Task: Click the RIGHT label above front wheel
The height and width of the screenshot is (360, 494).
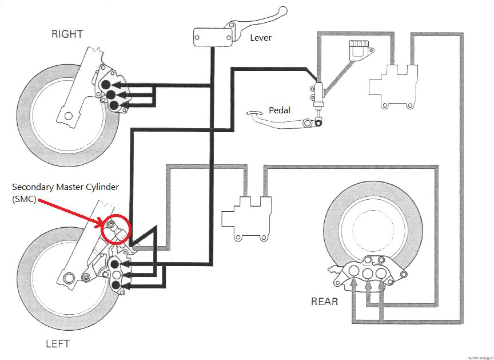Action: click(67, 34)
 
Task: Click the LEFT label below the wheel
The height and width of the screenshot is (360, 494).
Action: click(57, 344)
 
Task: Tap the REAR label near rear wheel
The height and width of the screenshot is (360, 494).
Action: click(324, 301)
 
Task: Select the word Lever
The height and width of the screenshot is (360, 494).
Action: click(261, 38)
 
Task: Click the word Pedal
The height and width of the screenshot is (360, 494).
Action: click(280, 110)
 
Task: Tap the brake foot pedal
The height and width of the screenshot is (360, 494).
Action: click(269, 116)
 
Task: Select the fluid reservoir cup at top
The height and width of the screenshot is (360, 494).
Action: click(360, 48)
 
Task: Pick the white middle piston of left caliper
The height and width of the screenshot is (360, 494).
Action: click(115, 274)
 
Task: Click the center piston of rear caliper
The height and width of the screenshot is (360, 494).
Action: click(367, 272)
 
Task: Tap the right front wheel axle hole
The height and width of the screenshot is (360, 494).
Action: click(68, 117)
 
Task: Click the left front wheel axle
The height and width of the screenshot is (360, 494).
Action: click(69, 279)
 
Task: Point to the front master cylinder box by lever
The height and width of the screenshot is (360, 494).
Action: click(213, 36)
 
